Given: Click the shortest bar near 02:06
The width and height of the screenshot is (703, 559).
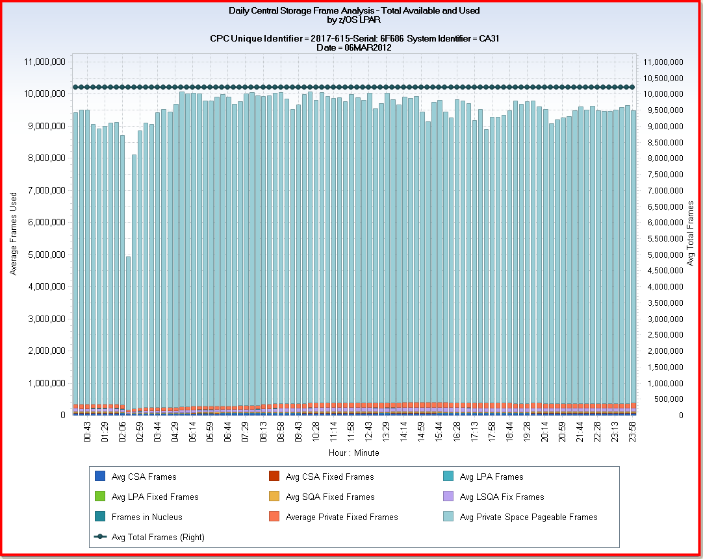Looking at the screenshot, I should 129,335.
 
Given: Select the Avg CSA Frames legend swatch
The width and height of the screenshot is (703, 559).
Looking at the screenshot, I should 99,477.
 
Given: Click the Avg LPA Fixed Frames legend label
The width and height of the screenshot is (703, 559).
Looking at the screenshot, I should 155,497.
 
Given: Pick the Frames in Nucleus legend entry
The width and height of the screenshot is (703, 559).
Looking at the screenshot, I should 147,517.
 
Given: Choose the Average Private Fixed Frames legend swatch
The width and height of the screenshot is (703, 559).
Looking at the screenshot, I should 274,517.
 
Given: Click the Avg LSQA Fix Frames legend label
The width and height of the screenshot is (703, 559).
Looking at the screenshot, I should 502,497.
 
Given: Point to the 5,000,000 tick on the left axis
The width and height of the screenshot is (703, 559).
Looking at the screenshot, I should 45,255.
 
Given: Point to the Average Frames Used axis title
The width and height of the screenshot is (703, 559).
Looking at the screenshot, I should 14,234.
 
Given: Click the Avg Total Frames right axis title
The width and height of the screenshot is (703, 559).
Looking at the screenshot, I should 691,234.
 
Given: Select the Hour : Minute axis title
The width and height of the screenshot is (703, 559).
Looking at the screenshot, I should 353,453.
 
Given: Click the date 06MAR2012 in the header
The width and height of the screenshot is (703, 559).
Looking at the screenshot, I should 368,47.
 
